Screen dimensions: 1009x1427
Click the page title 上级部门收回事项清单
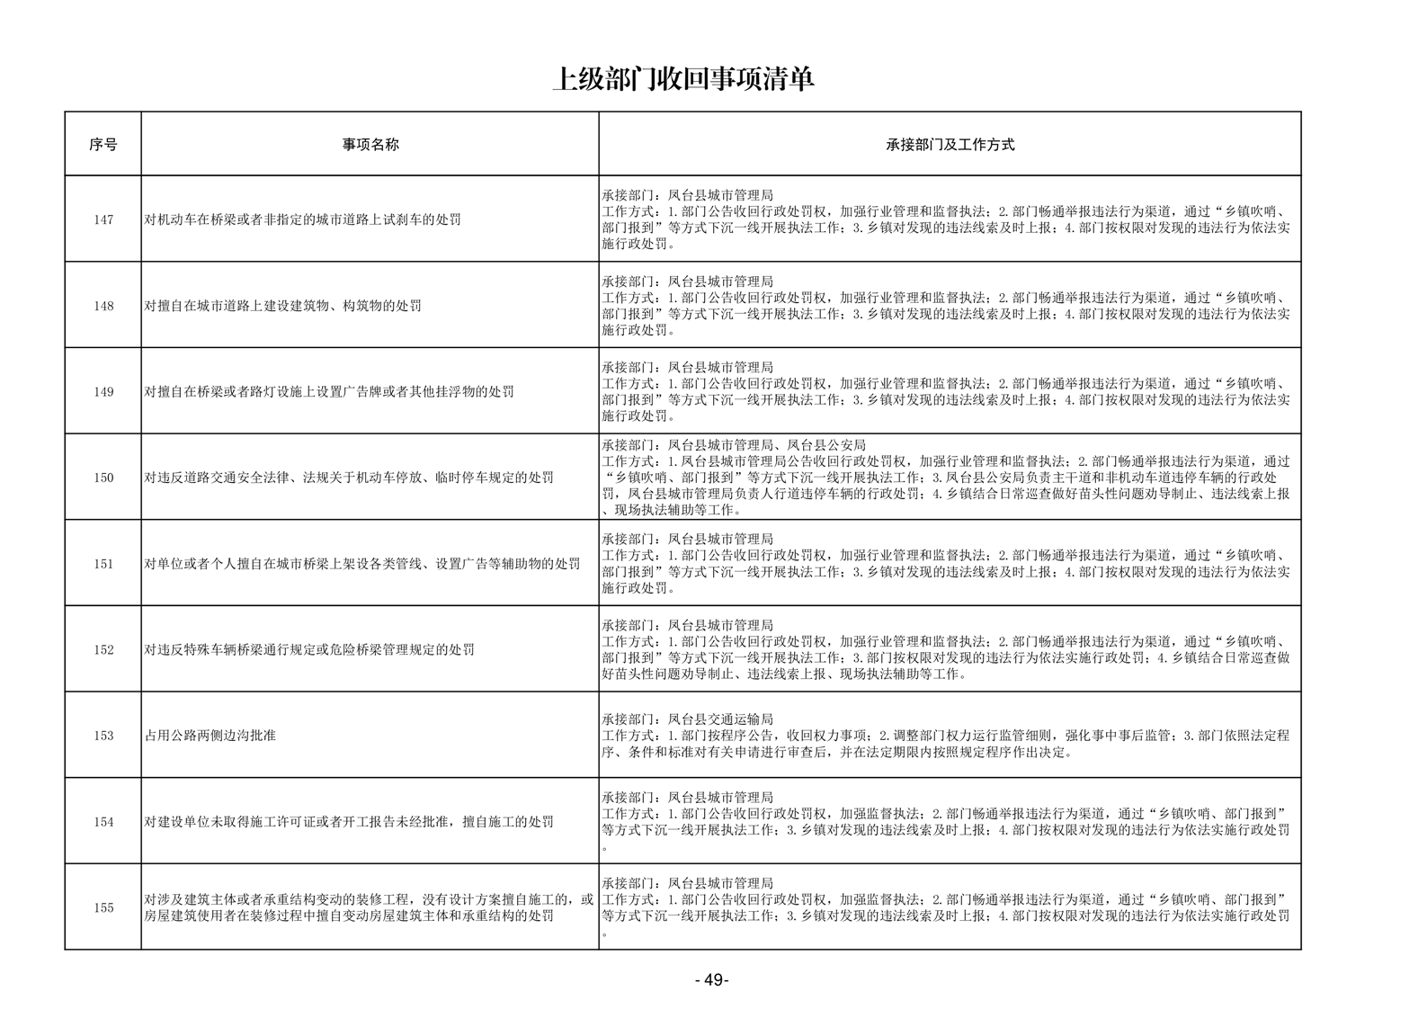pyautogui.click(x=683, y=79)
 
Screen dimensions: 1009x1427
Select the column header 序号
pyautogui.click(x=103, y=144)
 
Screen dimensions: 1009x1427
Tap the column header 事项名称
pyautogui.click(x=370, y=144)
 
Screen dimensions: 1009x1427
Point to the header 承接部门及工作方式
pyautogui.click(x=950, y=144)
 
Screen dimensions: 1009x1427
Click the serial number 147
pyautogui.click(x=103, y=219)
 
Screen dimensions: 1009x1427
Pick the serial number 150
pyautogui.click(x=103, y=478)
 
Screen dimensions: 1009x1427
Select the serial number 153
pyautogui.click(x=103, y=736)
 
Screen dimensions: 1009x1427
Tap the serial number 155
pyautogui.click(x=103, y=907)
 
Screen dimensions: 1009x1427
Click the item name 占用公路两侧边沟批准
pyautogui.click(x=210, y=736)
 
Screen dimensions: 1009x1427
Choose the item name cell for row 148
pyautogui.click(x=283, y=306)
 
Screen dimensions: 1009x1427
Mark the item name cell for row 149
pyautogui.click(x=329, y=392)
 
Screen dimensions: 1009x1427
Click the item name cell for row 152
pyautogui.click(x=309, y=650)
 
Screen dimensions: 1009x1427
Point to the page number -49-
pyautogui.click(x=711, y=980)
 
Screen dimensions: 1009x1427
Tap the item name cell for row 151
pyautogui.click(x=362, y=564)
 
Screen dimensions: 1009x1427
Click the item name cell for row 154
pyautogui.click(x=349, y=822)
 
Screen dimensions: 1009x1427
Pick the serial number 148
pyautogui.click(x=103, y=306)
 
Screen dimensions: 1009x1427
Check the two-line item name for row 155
pyautogui.click(x=369, y=907)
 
